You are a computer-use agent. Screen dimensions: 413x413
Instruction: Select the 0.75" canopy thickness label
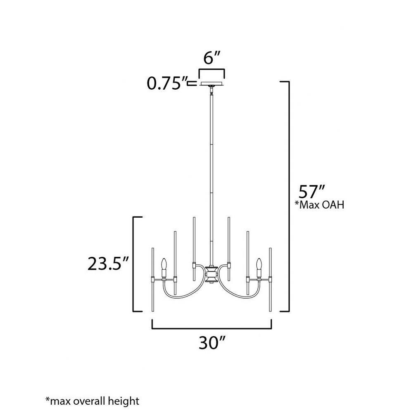167,83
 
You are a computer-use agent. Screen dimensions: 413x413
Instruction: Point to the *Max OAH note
320,205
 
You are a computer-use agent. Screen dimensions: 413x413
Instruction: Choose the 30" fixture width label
211,343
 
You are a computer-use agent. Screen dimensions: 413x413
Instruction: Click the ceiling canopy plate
211,84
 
